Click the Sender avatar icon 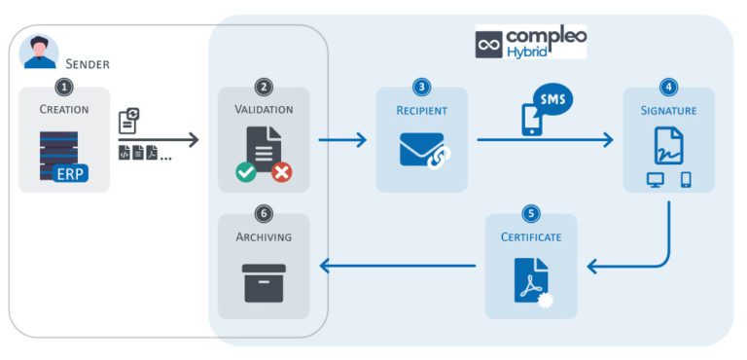39,53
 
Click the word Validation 264,110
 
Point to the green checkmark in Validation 246,172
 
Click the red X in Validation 282,172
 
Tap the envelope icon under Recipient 422,149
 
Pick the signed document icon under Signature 668,145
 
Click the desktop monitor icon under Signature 656,180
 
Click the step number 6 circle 264,213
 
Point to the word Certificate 531,236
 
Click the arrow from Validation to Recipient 342,140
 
